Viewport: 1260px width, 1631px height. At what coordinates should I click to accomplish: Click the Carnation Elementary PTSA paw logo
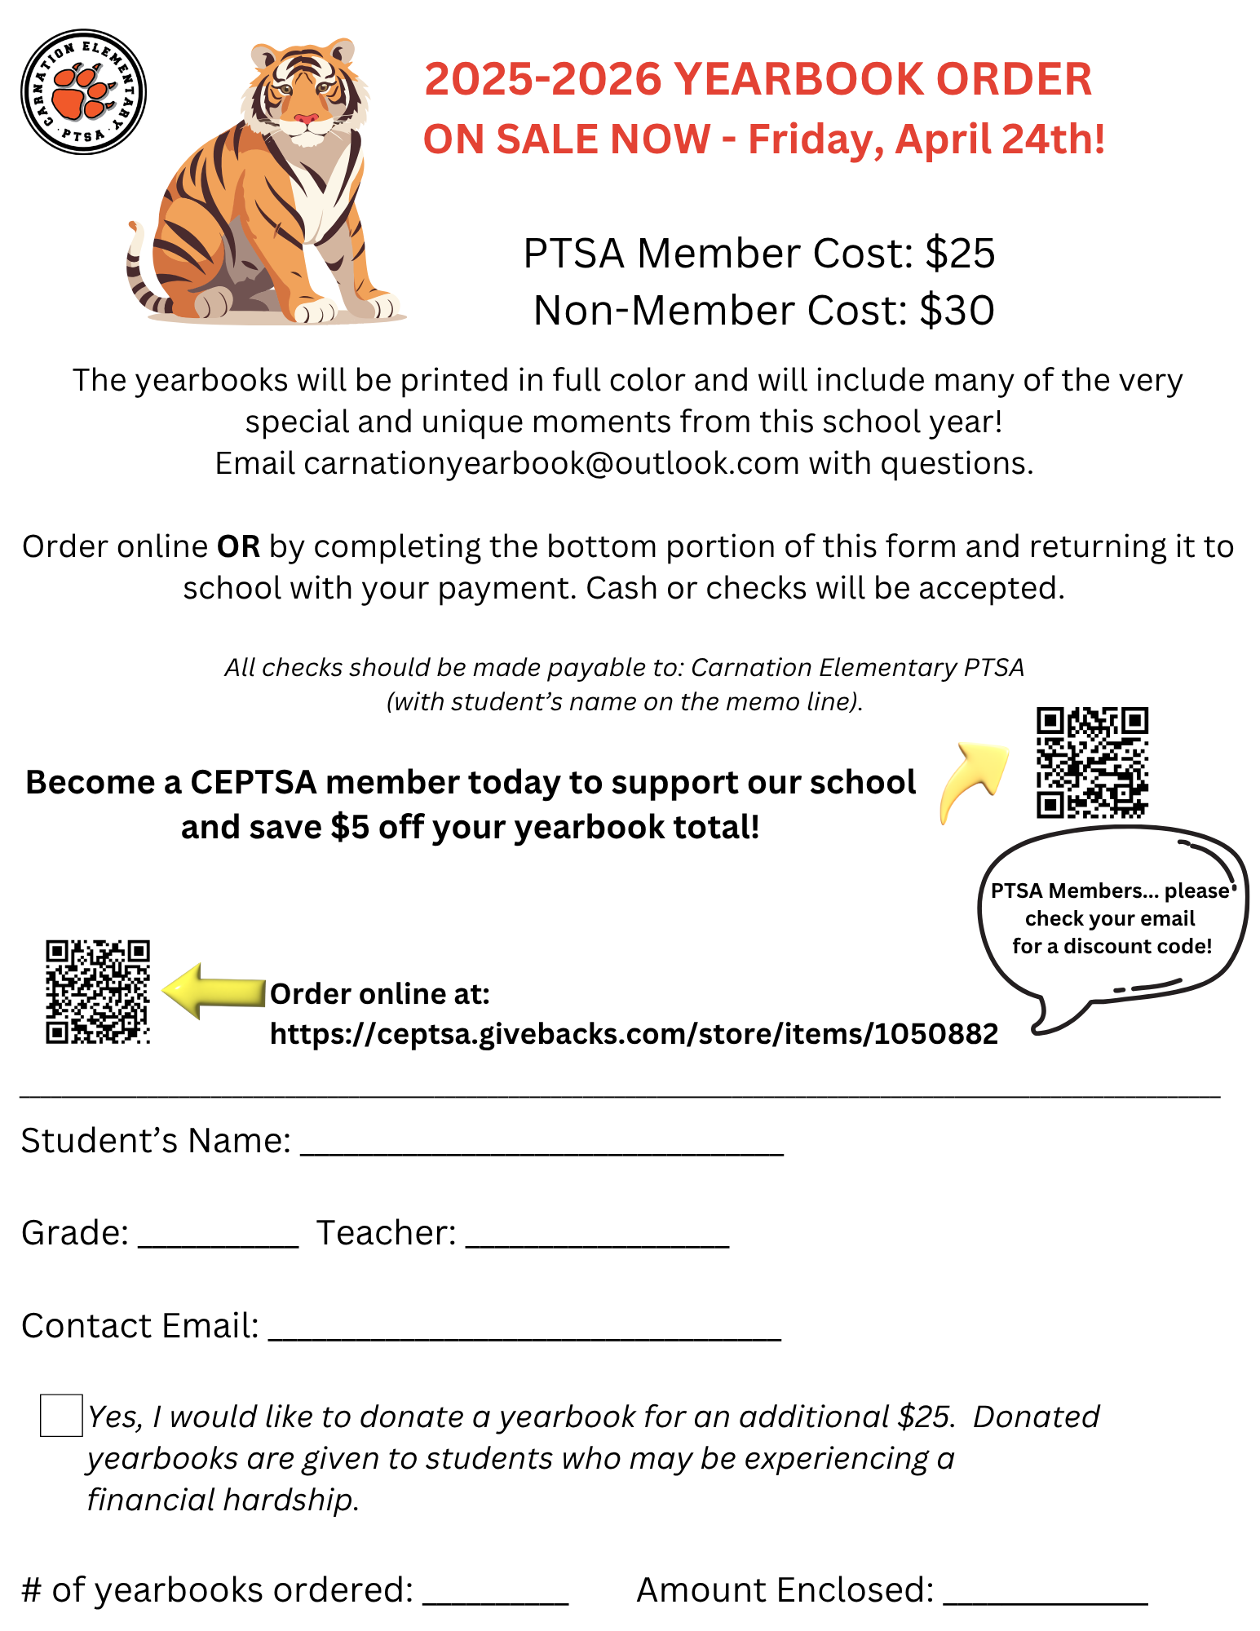[83, 91]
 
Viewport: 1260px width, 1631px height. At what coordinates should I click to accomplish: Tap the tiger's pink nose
[306, 119]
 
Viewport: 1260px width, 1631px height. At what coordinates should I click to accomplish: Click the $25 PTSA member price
[960, 254]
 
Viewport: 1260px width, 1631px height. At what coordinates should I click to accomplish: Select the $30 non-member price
[957, 311]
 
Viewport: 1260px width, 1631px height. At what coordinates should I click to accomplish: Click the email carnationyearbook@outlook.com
[551, 463]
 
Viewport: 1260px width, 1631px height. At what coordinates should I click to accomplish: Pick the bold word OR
[238, 546]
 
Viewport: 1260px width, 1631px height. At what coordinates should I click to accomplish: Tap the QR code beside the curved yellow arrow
[1092, 762]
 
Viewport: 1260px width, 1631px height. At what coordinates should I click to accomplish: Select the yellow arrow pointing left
[214, 990]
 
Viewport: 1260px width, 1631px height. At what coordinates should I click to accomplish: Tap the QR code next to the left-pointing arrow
[98, 992]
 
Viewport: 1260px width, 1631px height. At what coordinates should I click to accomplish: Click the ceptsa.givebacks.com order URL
[634, 1033]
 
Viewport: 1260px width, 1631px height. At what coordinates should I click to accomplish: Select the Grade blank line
[219, 1240]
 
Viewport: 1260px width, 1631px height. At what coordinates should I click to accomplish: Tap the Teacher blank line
[597, 1240]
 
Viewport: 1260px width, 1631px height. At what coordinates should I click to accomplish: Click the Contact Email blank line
[524, 1333]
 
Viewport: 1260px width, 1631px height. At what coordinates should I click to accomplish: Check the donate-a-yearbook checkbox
[61, 1416]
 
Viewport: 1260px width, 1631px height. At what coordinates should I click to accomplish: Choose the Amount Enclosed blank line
[1046, 1597]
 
